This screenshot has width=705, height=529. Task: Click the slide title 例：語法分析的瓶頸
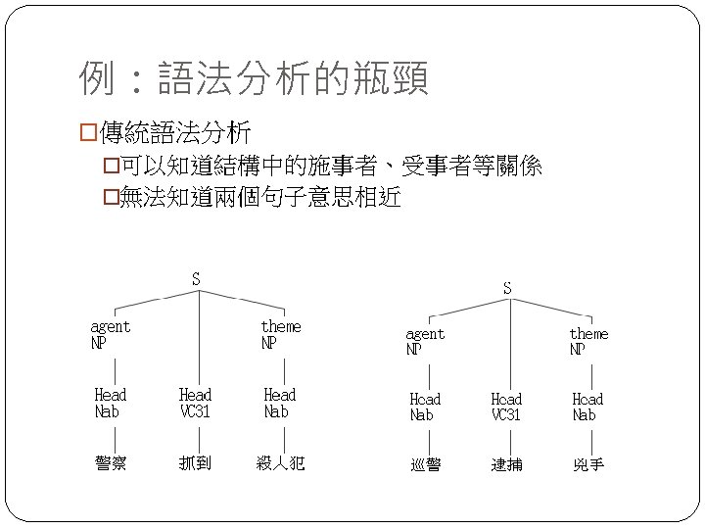pos(254,79)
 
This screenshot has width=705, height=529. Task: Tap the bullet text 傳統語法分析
pos(174,131)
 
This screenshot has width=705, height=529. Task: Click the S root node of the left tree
pos(196,279)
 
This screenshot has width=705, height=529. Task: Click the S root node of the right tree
pos(506,288)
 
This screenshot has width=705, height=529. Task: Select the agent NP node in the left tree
pos(110,334)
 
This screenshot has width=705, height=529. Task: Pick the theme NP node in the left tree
pos(280,334)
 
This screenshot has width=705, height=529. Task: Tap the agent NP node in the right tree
pos(424,341)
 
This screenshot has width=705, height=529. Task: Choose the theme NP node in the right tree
pos(588,341)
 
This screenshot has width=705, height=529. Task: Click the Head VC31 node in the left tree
pos(195,403)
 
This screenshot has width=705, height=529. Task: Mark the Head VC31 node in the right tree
pos(506,407)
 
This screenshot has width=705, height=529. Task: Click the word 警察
pos(110,462)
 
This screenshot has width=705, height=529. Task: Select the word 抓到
pos(195,462)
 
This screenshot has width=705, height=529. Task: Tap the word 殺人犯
pos(280,462)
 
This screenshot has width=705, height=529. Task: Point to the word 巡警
pos(425,464)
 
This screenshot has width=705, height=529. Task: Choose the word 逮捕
pos(506,464)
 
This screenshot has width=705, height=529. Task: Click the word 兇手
pos(588,464)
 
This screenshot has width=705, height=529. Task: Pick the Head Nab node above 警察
pos(110,403)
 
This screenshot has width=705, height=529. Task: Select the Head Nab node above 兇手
pos(587,407)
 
